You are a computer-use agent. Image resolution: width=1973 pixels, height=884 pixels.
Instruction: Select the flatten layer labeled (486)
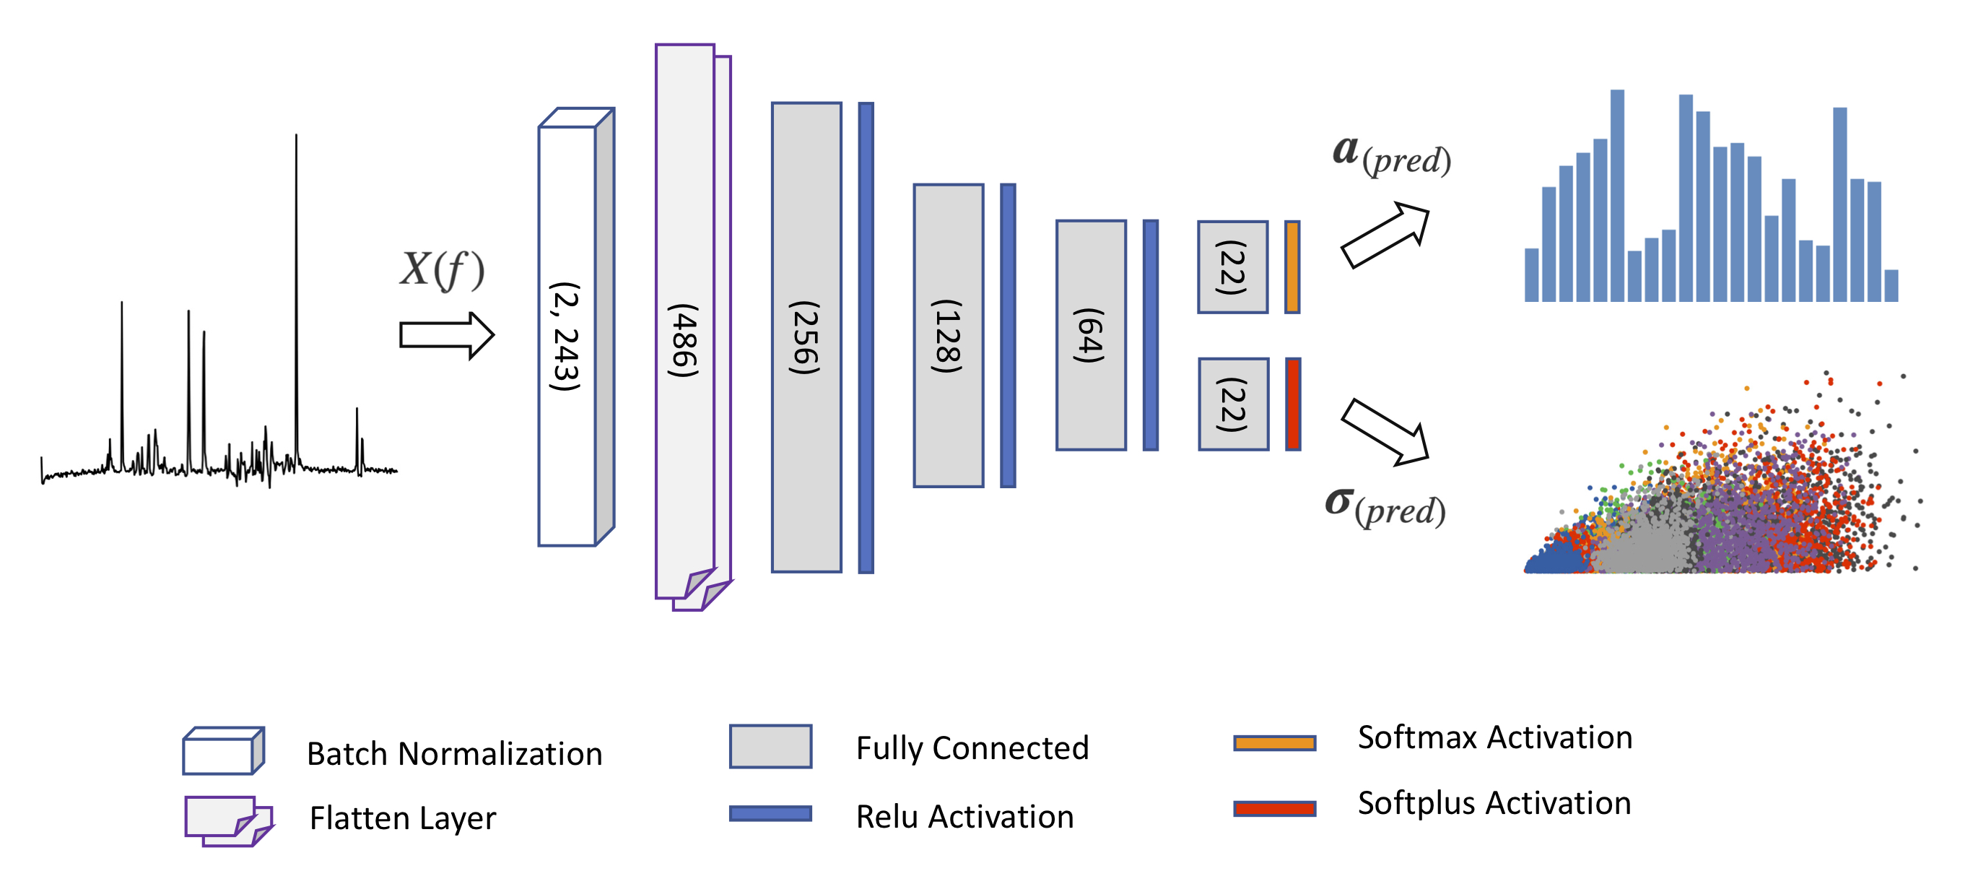point(684,321)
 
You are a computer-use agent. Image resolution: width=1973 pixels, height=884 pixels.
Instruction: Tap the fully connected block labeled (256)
point(806,337)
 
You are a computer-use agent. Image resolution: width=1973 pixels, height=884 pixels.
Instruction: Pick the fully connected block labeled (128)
point(947,336)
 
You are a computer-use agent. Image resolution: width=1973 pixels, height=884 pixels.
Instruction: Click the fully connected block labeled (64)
point(1091,335)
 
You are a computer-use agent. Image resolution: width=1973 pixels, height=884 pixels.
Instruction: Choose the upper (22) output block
point(1232,266)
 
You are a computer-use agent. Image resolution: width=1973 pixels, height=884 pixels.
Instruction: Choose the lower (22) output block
point(1233,404)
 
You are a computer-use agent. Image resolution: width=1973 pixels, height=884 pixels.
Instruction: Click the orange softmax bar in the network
point(1292,266)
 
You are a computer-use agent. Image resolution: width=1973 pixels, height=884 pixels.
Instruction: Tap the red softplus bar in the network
point(1293,404)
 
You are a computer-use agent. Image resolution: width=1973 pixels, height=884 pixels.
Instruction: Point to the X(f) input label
point(442,269)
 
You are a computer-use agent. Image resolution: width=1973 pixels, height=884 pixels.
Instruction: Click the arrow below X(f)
point(447,335)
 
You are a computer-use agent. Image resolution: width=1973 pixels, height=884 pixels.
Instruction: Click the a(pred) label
point(1391,155)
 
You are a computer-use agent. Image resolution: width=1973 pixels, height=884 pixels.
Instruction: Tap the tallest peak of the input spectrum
point(297,138)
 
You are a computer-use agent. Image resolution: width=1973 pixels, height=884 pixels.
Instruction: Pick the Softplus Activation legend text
point(1494,803)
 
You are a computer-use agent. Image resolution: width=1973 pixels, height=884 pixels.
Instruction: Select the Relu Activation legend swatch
point(770,813)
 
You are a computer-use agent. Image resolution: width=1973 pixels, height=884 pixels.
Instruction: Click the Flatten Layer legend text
point(403,818)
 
